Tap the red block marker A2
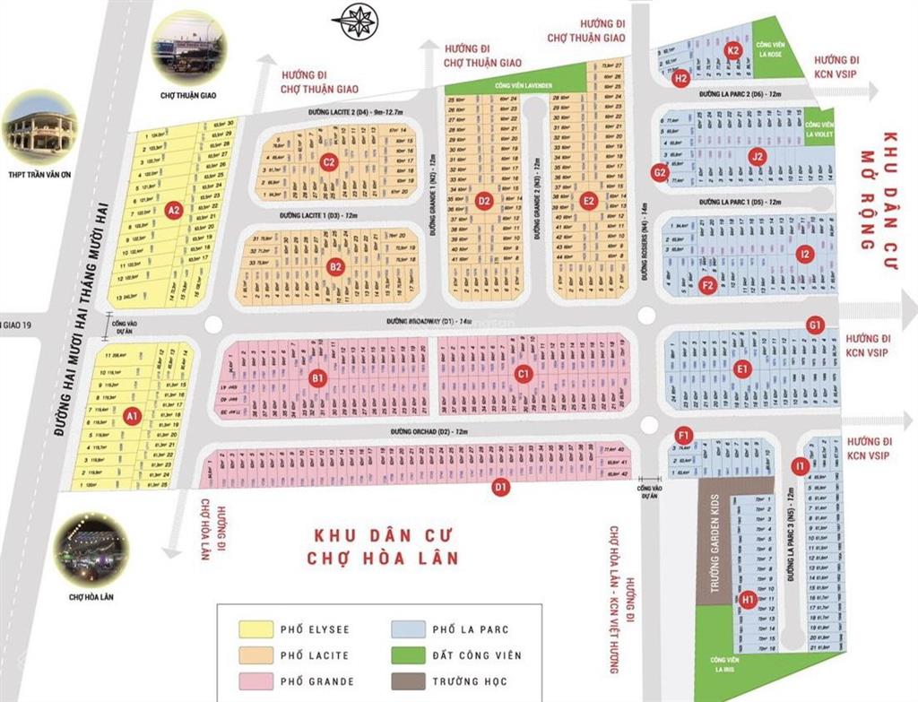(x=175, y=211)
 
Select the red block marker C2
(x=329, y=162)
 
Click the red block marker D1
(x=501, y=488)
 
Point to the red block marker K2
(x=733, y=50)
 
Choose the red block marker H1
(x=748, y=598)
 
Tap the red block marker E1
(x=741, y=368)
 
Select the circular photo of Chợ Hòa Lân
(x=91, y=550)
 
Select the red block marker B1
(x=317, y=379)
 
